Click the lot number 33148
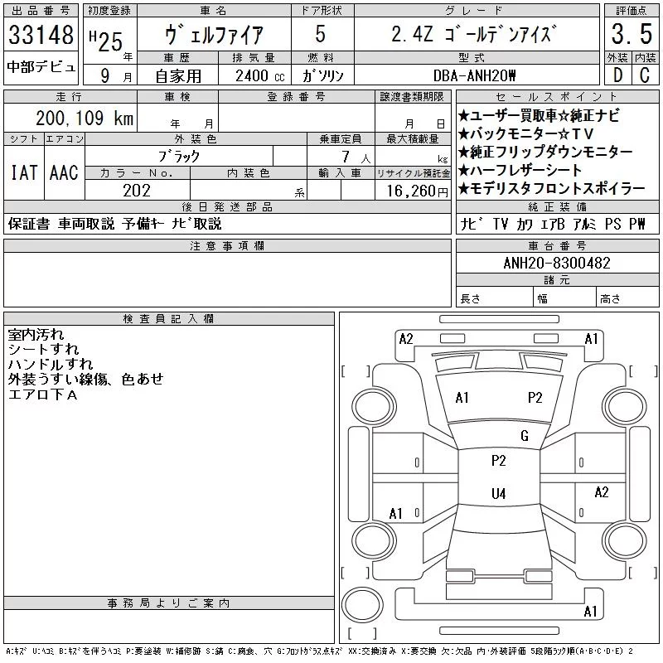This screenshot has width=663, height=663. coord(41,34)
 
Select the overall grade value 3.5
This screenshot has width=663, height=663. coord(632,34)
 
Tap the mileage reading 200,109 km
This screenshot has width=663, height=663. coord(85,118)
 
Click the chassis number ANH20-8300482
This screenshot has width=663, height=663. coord(557,263)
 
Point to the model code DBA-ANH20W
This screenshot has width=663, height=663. coord(474,75)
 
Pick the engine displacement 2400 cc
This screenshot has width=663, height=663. coord(259,75)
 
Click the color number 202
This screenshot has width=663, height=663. coord(137,191)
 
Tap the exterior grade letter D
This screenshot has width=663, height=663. coord(617,75)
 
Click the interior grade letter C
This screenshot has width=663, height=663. coord(645,75)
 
